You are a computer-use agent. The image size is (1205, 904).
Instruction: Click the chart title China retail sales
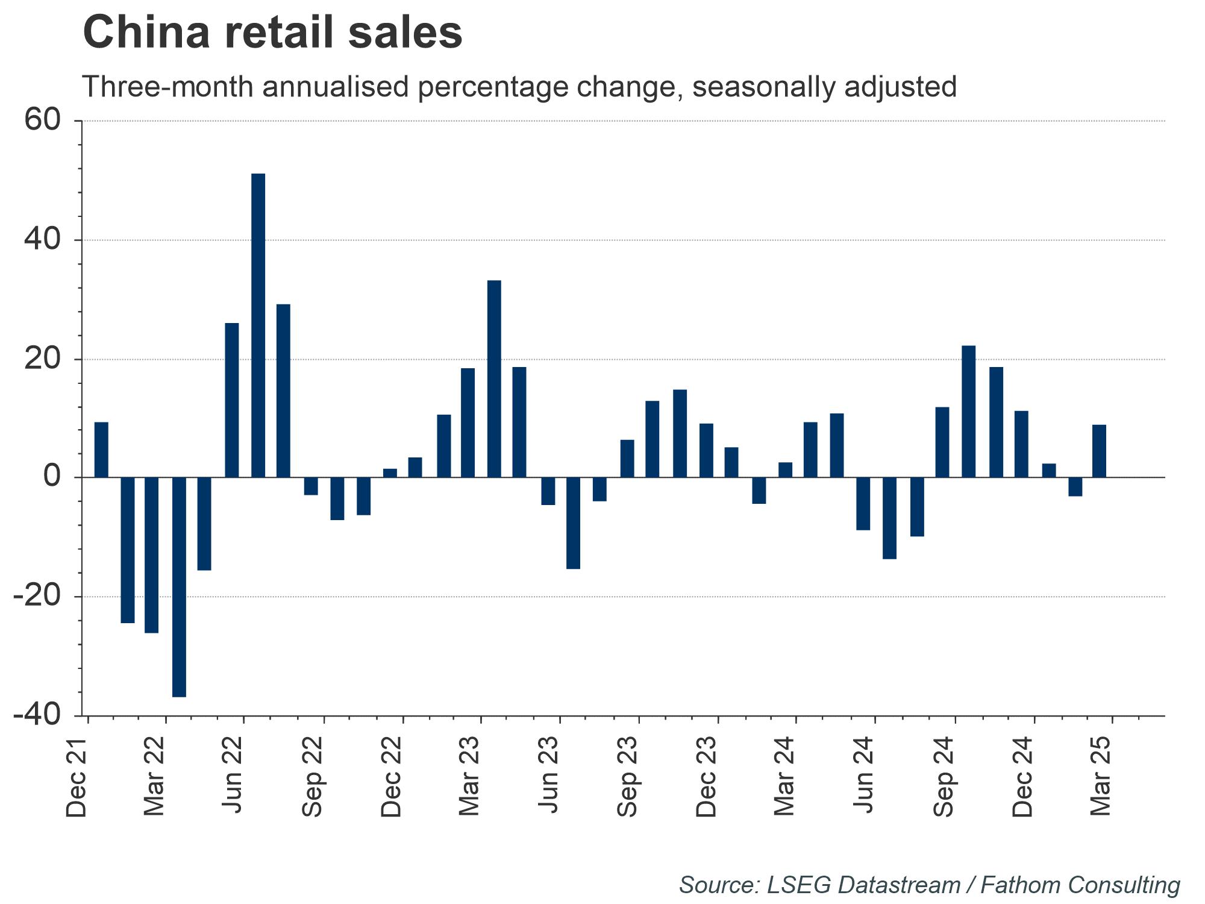point(272,33)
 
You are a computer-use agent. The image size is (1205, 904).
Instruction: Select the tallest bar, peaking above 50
point(258,325)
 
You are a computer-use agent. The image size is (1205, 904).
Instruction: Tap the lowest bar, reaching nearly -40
point(179,587)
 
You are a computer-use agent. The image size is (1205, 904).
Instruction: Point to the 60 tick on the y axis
point(42,121)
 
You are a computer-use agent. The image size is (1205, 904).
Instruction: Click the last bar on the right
point(1099,451)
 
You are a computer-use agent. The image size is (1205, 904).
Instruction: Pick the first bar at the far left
point(101,450)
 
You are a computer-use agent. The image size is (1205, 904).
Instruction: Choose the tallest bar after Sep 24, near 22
point(969,411)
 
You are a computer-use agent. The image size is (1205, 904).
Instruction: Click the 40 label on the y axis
point(42,240)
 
